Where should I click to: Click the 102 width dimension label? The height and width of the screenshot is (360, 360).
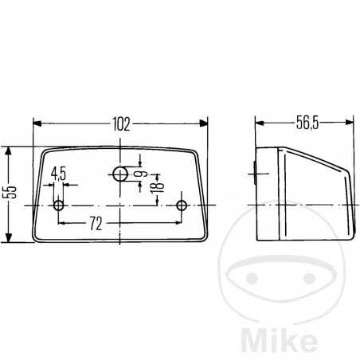(x=121, y=123)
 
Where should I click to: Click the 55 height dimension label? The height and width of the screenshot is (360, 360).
(x=9, y=194)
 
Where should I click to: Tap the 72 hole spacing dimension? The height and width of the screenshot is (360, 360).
(x=95, y=224)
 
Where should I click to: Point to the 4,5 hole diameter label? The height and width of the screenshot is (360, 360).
(x=58, y=173)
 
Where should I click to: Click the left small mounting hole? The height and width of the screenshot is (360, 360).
(x=58, y=205)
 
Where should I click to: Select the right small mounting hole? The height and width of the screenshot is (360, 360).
(x=182, y=205)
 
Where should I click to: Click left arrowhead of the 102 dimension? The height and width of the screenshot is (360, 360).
(x=36, y=123)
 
